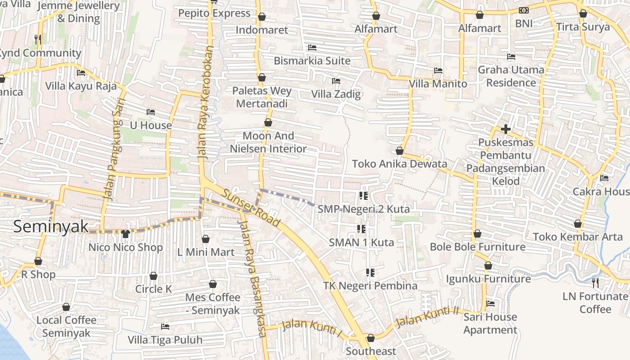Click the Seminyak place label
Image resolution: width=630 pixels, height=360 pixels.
(x=50, y=226)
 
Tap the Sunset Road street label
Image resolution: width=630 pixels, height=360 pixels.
(x=251, y=207)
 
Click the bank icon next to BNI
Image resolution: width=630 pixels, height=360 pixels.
(x=524, y=10)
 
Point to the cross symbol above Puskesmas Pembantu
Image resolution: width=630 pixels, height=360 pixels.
(x=505, y=130)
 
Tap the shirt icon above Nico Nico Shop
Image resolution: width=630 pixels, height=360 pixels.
(x=125, y=234)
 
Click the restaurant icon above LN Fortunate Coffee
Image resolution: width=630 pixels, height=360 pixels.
(x=595, y=283)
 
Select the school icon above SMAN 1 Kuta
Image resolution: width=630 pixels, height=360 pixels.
(x=361, y=229)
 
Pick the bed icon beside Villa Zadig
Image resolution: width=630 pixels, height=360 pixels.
(x=336, y=81)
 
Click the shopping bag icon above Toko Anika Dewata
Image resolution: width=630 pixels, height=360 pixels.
(x=399, y=151)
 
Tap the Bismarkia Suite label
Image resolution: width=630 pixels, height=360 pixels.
(x=312, y=60)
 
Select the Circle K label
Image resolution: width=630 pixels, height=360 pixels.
(x=153, y=289)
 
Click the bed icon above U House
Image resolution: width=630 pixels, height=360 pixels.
(x=151, y=112)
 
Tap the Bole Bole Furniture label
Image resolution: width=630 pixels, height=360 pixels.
(x=477, y=247)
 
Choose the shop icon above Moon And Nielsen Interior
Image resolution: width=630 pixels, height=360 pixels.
(x=268, y=122)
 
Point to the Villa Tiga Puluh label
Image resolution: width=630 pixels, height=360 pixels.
(x=165, y=340)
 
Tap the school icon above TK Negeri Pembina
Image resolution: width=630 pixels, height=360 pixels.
(x=370, y=272)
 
